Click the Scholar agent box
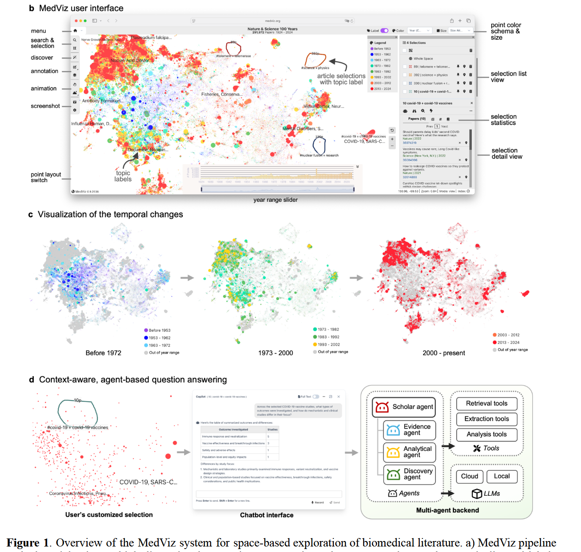click(x=404, y=407)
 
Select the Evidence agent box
click(x=409, y=430)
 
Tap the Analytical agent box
click(x=409, y=452)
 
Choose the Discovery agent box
click(x=409, y=474)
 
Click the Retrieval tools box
click(x=487, y=404)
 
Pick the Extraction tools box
click(x=487, y=419)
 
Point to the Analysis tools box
click(x=487, y=434)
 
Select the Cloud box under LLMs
click(x=469, y=476)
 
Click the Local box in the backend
click(x=502, y=476)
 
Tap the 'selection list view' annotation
click(x=508, y=77)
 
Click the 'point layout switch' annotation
click(x=46, y=177)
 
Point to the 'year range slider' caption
click(x=275, y=200)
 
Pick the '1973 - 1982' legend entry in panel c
click(x=328, y=330)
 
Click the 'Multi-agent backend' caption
click(x=447, y=511)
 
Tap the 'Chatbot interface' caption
click(x=267, y=515)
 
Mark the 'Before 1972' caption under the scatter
click(x=103, y=353)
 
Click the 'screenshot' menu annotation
click(x=45, y=106)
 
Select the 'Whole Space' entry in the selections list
click(x=423, y=59)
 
